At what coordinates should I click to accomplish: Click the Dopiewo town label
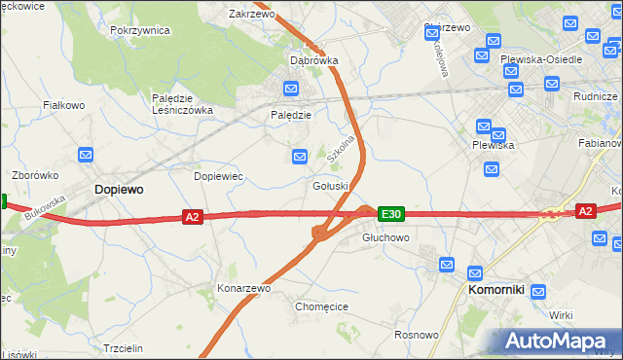tap(118, 191)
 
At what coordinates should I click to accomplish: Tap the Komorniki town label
tap(496, 289)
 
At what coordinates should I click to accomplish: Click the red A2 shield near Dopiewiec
tap(193, 217)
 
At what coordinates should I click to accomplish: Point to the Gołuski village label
tap(331, 186)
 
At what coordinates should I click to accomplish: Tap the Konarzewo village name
tap(243, 289)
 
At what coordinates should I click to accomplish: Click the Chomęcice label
tap(321, 306)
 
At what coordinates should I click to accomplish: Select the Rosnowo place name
tap(416, 335)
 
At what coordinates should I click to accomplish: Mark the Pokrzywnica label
tap(140, 30)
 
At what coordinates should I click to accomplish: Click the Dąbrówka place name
tap(314, 60)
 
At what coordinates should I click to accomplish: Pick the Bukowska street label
tap(46, 206)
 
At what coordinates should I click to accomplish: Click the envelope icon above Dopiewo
tap(86, 155)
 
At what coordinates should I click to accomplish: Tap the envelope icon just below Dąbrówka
tap(291, 89)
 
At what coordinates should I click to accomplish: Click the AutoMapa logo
tap(558, 342)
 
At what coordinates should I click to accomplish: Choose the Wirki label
tap(561, 315)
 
